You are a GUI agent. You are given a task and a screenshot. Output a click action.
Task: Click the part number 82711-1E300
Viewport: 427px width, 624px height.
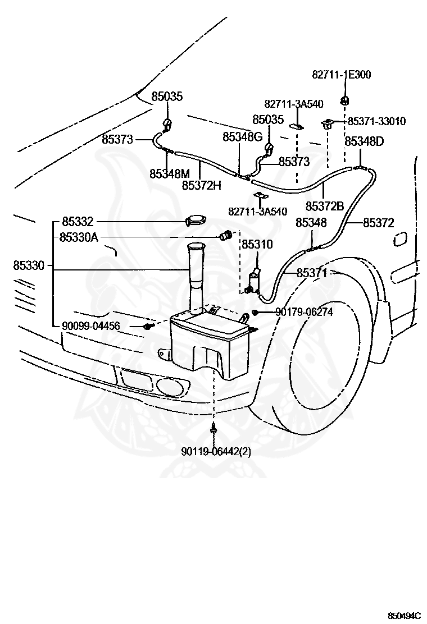pyautogui.click(x=342, y=75)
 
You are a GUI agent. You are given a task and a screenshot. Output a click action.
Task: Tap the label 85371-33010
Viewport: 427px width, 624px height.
pyautogui.click(x=376, y=121)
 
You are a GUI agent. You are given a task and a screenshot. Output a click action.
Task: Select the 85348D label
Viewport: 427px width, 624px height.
pyautogui.click(x=364, y=141)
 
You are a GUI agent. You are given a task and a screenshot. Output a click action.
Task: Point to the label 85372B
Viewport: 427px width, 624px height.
pyautogui.click(x=325, y=206)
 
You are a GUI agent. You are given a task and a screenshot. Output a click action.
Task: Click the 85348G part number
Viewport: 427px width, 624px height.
pyautogui.click(x=243, y=137)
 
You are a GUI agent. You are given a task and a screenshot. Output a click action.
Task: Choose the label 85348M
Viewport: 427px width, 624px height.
pyautogui.click(x=170, y=173)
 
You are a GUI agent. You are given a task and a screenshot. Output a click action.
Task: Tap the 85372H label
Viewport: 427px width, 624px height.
pyautogui.click(x=202, y=185)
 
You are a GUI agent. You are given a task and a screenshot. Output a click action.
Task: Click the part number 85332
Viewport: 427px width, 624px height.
pyautogui.click(x=78, y=221)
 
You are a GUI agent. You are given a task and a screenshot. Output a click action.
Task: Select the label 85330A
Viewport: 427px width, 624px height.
pyautogui.click(x=79, y=237)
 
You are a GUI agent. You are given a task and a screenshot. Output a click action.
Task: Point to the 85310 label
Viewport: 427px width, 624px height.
pyautogui.click(x=257, y=244)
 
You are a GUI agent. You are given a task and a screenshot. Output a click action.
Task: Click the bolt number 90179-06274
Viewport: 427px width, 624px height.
pyautogui.click(x=304, y=311)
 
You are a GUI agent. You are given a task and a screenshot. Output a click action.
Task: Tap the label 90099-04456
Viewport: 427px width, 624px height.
pyautogui.click(x=91, y=326)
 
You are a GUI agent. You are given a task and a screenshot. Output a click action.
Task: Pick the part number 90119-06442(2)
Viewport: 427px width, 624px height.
pyautogui.click(x=216, y=452)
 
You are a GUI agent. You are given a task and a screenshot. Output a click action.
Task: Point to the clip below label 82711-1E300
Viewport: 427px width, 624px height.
pyautogui.click(x=344, y=99)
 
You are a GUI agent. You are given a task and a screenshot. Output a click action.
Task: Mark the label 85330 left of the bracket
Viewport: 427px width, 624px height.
pyautogui.click(x=29, y=265)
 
